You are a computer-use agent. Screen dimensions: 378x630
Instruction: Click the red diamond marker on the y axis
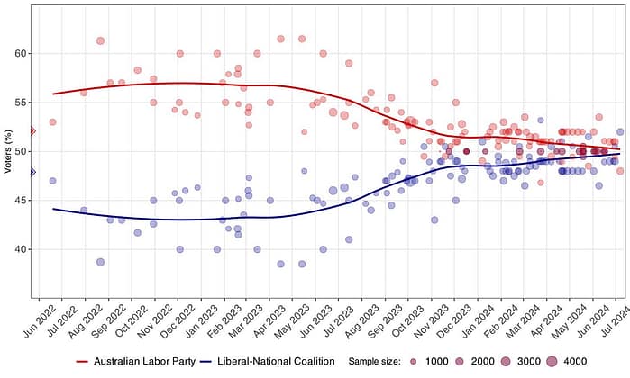point(32,131)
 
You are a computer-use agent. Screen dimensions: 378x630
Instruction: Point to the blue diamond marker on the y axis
point(32,172)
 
